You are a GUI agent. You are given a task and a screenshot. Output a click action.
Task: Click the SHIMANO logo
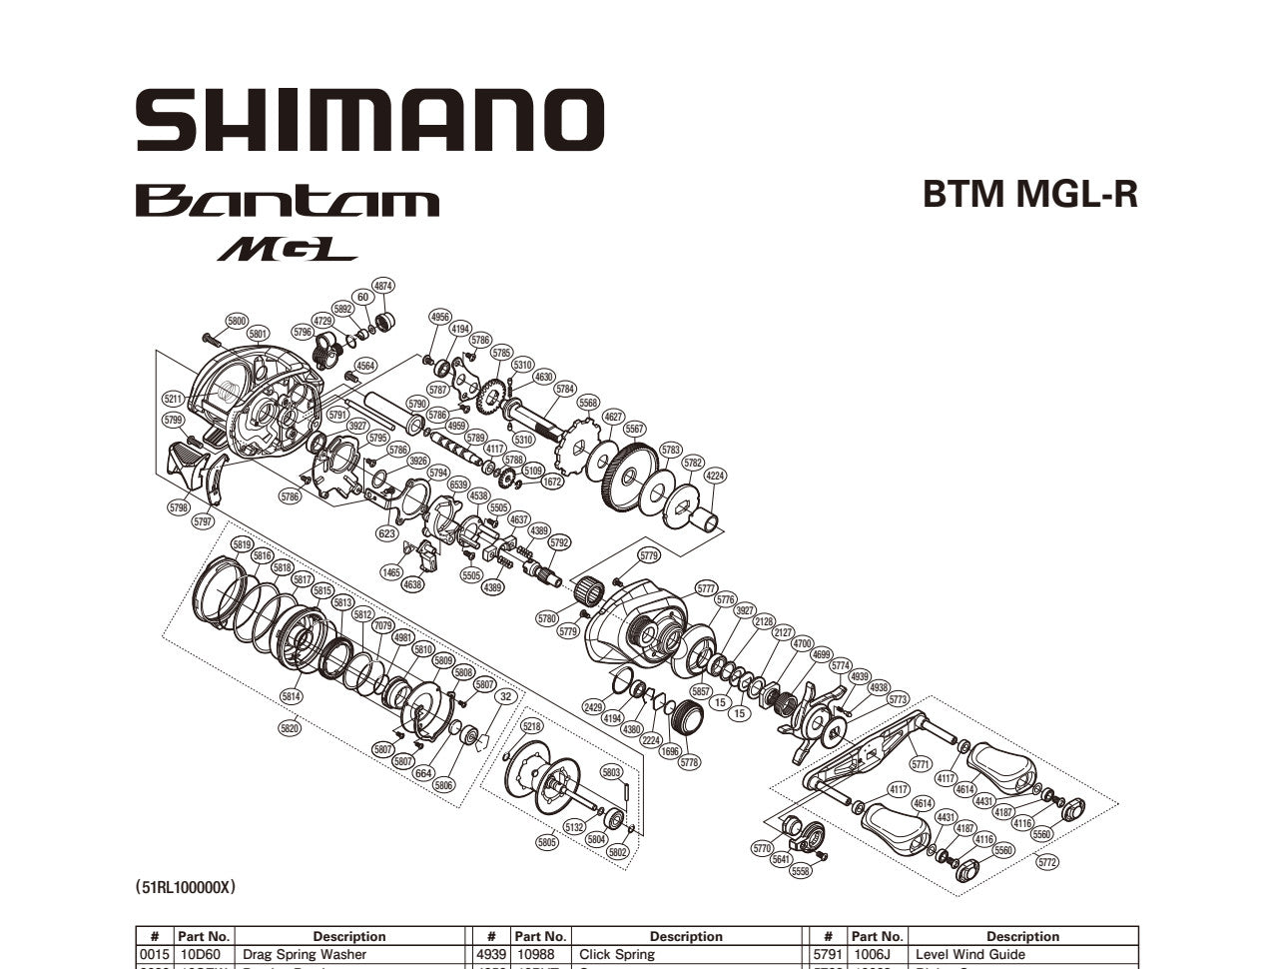point(369,120)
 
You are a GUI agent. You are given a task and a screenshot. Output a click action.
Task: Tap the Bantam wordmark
point(287,201)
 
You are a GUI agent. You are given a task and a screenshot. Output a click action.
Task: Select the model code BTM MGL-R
point(1029,194)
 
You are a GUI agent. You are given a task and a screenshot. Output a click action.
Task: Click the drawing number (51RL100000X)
point(186,886)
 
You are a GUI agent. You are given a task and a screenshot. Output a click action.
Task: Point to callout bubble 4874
point(382,286)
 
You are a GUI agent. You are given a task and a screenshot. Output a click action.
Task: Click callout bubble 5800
point(237,321)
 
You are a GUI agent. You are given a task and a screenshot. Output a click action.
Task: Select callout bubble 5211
point(174,399)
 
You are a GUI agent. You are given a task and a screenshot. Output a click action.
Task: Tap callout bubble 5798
point(178,507)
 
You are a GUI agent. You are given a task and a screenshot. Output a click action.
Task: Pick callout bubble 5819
point(242,544)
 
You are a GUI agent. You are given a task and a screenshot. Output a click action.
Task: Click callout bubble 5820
point(290,728)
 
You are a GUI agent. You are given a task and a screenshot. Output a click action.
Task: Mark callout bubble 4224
point(715,477)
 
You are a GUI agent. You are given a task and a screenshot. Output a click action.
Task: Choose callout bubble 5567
point(634,429)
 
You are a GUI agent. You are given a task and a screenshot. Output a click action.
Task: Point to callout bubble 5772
point(1047,862)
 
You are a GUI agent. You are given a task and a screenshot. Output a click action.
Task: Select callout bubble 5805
point(546,842)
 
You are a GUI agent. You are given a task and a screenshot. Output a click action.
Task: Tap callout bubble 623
point(386,533)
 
